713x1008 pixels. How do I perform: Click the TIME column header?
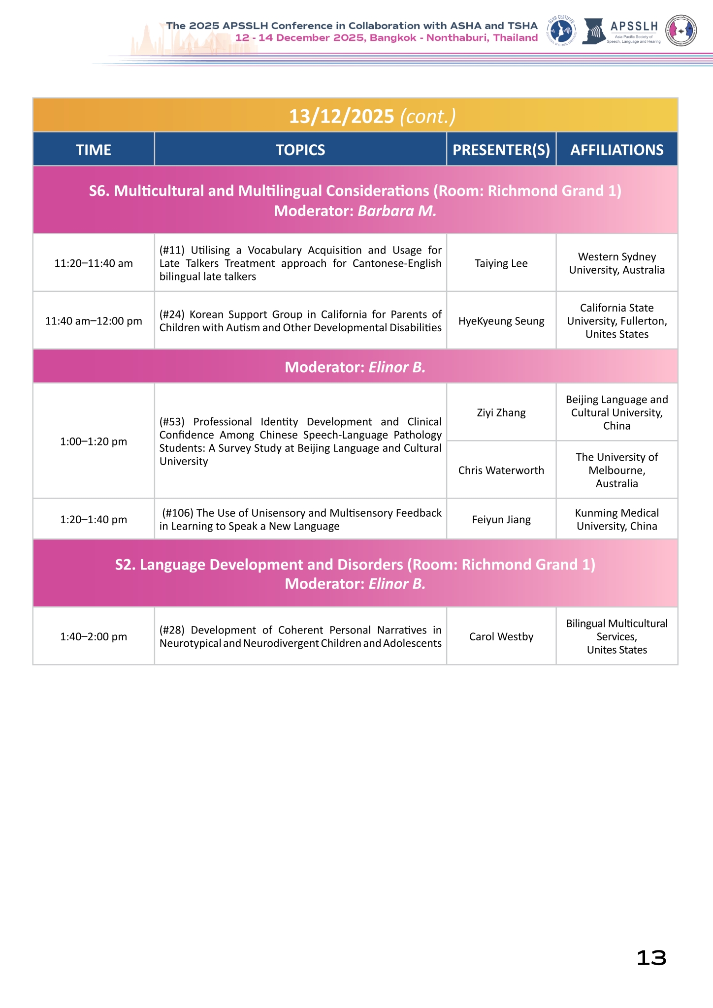(94, 150)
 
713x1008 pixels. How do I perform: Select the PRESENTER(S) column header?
(501, 150)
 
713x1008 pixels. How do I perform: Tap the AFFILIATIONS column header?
(617, 150)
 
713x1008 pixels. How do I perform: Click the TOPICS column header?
(300, 150)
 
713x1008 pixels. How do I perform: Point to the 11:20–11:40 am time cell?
(94, 263)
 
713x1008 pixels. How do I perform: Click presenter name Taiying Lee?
(501, 263)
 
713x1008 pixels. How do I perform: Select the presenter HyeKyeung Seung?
(501, 321)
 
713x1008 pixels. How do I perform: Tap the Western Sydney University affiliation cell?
(617, 263)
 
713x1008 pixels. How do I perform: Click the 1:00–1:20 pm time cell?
(94, 441)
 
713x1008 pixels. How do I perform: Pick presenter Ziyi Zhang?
(501, 412)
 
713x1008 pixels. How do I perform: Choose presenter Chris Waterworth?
(501, 470)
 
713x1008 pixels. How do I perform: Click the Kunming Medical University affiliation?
(617, 519)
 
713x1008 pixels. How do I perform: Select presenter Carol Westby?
(501, 636)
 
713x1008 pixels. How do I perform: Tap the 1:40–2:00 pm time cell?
(94, 636)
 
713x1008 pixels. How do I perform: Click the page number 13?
(651, 958)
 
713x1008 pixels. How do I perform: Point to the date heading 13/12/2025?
(342, 116)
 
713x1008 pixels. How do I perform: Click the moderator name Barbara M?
(397, 211)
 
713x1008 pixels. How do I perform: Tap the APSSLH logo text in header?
(634, 26)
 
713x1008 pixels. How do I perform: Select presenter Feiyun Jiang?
(501, 519)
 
